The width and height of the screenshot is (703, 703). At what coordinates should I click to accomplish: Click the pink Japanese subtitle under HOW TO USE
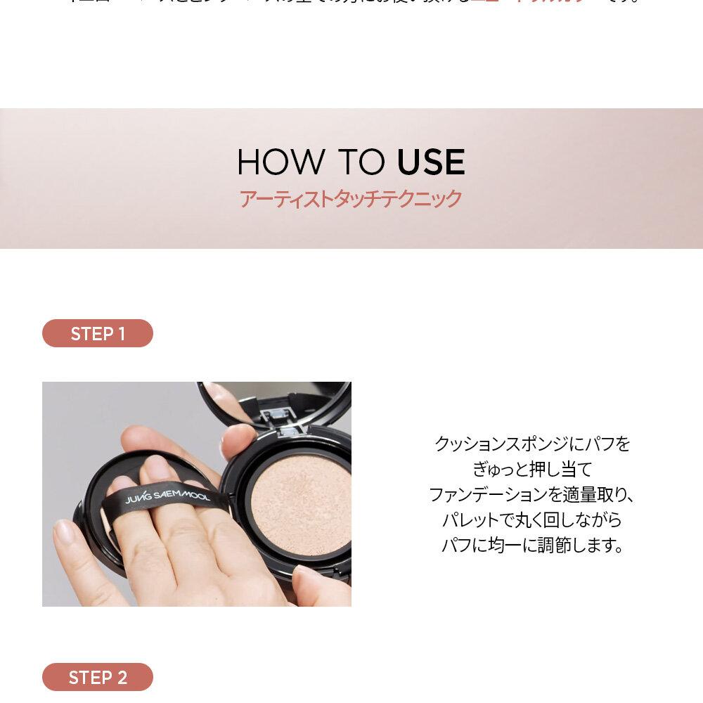tap(351, 199)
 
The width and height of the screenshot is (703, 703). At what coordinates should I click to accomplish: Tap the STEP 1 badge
tap(98, 333)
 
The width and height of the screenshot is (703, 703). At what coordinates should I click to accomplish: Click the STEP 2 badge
tap(98, 677)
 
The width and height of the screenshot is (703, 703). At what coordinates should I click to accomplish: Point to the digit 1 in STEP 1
tap(121, 334)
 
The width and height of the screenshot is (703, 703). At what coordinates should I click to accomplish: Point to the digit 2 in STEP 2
tap(122, 678)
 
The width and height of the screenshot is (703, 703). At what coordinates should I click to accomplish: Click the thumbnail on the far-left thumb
tap(65, 534)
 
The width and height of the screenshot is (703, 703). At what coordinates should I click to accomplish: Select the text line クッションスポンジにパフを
tap(532, 444)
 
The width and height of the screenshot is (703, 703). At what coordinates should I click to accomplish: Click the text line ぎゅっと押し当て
tap(532, 470)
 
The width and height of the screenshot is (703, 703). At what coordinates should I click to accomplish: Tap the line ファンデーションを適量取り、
tap(532, 495)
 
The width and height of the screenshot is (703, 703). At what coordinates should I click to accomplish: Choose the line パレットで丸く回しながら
tap(532, 520)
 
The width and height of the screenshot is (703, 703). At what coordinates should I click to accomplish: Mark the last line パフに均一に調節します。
tap(532, 546)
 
